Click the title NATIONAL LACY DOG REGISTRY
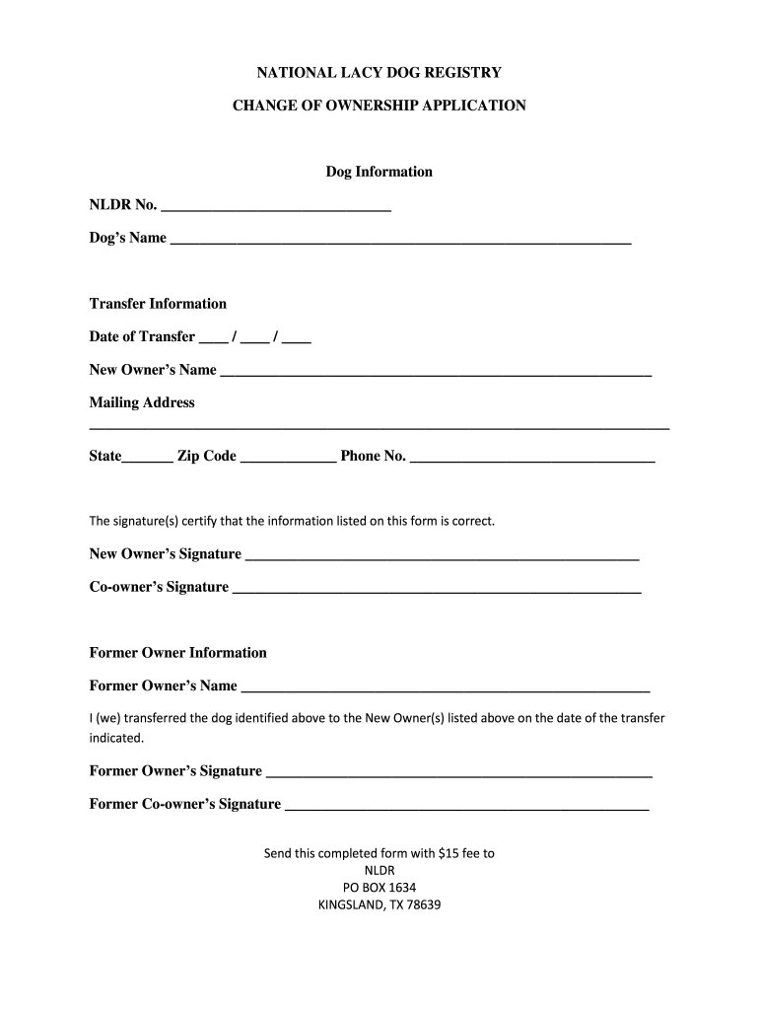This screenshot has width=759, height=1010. (x=379, y=72)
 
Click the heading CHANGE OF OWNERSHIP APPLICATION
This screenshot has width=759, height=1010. (x=379, y=105)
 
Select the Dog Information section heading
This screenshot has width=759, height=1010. (x=379, y=172)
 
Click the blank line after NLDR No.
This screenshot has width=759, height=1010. (x=275, y=207)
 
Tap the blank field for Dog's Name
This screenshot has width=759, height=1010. (x=400, y=240)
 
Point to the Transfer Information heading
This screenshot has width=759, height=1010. (x=158, y=304)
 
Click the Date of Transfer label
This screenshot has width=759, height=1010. (x=142, y=336)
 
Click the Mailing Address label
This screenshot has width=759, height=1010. (x=142, y=402)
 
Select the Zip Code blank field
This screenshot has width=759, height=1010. (x=288, y=459)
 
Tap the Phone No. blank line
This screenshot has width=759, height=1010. (x=532, y=459)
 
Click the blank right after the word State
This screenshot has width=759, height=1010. (x=148, y=459)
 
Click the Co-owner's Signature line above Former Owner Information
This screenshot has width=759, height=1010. (x=437, y=589)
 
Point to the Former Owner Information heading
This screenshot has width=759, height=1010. (x=178, y=653)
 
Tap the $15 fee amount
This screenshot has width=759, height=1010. (x=450, y=853)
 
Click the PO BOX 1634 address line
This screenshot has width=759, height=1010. (x=379, y=887)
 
